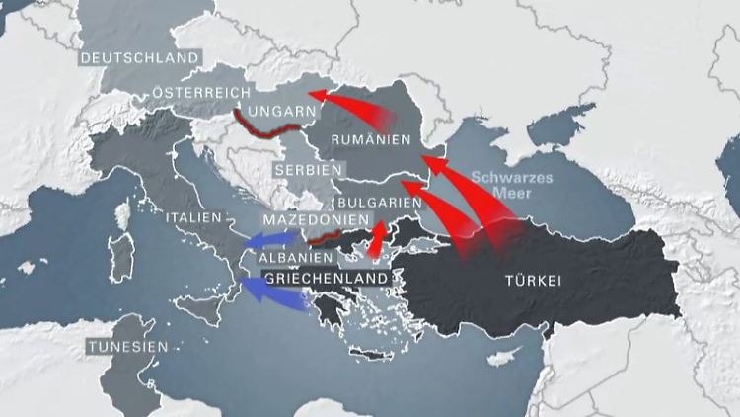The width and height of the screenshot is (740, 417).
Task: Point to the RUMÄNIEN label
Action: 370,140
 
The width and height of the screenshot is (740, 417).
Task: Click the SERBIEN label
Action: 303,170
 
